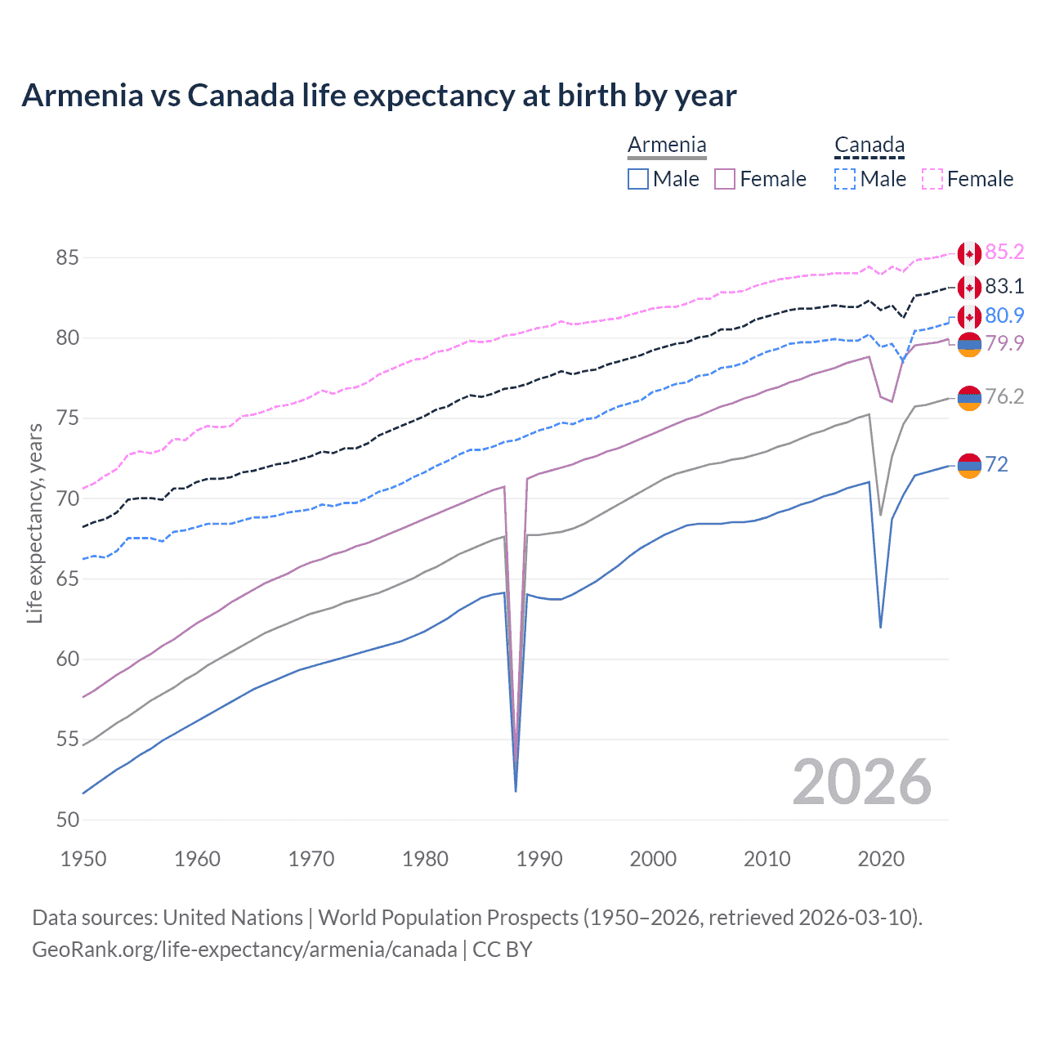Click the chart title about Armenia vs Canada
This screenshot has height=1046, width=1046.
[x=379, y=96]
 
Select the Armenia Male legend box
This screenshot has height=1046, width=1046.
[x=638, y=179]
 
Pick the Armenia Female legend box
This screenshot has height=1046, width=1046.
[x=725, y=179]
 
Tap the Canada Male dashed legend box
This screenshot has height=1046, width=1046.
[x=845, y=179]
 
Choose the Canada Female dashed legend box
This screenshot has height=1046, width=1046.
[x=932, y=179]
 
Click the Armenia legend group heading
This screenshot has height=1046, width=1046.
[x=667, y=145]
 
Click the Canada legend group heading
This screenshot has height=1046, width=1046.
[x=869, y=145]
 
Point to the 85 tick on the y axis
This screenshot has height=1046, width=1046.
[x=67, y=258]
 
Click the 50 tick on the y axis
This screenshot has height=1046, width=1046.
[x=67, y=820]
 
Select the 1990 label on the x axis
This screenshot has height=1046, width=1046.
[x=539, y=859]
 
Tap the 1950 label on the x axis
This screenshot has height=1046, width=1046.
[x=83, y=859]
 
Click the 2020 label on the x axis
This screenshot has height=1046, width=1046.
[x=881, y=859]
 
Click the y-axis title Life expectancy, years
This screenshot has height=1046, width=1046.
[x=34, y=523]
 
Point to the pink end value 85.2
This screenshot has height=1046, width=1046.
[x=1004, y=253]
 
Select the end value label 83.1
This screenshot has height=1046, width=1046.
[x=1004, y=286]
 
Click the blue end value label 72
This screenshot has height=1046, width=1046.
[x=996, y=464]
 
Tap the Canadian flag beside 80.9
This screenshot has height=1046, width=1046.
[x=969, y=317]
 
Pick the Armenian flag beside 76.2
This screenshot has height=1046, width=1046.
[x=969, y=398]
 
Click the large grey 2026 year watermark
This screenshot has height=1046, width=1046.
[x=862, y=782]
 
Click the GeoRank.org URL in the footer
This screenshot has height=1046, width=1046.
[x=244, y=950]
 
